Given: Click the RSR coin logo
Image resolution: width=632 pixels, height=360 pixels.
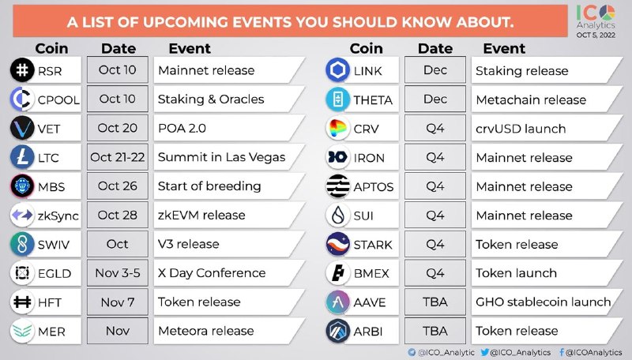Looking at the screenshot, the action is click(22, 70).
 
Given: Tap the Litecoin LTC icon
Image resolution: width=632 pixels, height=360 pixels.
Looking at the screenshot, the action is click(22, 157).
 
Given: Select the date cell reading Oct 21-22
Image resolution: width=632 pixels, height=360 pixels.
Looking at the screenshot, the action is click(117, 157).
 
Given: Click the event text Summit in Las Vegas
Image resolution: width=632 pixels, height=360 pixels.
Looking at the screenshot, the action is click(222, 157).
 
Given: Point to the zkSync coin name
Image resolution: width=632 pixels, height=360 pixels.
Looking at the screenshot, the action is click(58, 216).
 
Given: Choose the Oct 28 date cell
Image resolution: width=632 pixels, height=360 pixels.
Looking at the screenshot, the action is click(117, 215).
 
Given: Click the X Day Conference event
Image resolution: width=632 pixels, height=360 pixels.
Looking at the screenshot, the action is click(212, 273).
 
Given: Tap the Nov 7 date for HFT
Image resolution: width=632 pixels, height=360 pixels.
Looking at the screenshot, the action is click(117, 302).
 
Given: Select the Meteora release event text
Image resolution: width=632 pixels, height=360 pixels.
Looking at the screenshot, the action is click(206, 331).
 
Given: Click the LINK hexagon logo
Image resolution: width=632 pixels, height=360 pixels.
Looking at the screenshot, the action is click(337, 70).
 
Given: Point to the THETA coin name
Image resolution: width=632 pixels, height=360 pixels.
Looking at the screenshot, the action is click(373, 99).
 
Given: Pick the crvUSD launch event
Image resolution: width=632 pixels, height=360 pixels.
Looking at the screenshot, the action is click(521, 129).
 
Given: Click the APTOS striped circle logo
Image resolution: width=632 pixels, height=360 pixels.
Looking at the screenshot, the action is click(338, 186).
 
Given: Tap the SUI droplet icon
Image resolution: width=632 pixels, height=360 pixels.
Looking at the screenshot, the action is click(338, 215).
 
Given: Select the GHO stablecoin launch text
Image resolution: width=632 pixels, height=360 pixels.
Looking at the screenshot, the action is click(544, 302).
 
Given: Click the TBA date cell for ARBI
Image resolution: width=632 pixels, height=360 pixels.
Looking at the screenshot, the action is click(435, 331).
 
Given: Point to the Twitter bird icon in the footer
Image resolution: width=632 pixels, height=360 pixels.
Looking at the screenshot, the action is click(485, 352).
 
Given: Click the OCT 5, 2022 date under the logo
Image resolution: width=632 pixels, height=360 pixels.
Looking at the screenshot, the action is click(596, 35).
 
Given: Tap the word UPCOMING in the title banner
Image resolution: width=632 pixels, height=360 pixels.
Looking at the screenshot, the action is click(186, 22).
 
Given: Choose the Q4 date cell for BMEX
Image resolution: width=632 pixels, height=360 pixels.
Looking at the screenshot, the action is click(435, 273).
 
